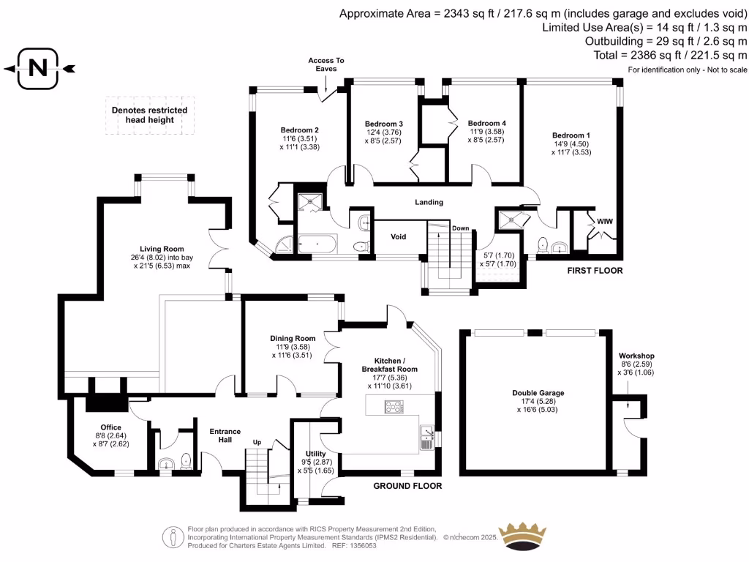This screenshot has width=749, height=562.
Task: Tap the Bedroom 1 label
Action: coord(571,135)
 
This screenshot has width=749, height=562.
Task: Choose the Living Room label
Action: coord(162,249)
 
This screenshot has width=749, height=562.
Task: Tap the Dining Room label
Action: coord(293,338)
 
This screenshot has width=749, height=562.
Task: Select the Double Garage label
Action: coord(538,393)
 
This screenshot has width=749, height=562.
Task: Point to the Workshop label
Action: coord(636,356)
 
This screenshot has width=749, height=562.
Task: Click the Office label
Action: coord(111,427)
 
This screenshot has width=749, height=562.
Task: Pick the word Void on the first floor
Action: coord(399,236)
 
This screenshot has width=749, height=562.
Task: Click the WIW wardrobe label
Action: coord(604,220)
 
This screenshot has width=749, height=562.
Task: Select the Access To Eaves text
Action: coord(325,64)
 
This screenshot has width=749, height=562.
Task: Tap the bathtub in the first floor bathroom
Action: coord(317,244)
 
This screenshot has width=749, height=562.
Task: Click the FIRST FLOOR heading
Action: coord(595,271)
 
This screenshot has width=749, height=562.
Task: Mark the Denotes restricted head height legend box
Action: coord(149,115)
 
